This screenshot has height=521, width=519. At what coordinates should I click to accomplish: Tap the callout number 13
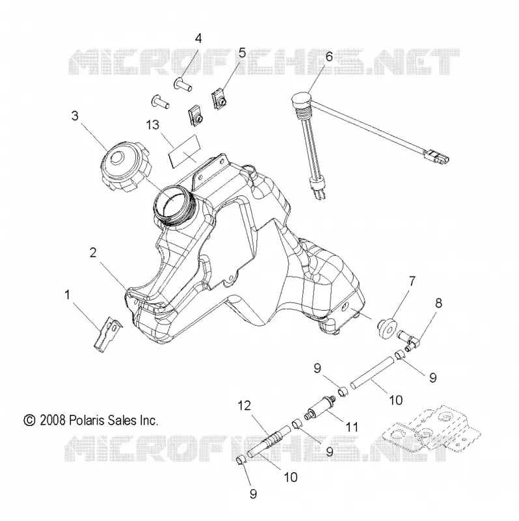pyautogui.click(x=152, y=125)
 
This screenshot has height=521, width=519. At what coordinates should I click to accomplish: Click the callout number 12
pyautogui.click(x=244, y=405)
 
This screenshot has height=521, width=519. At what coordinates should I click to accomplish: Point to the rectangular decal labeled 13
pyautogui.click(x=185, y=150)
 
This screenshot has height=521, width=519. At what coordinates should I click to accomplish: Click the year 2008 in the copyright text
pyautogui.click(x=52, y=420)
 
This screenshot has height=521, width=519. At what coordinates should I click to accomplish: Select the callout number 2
pyautogui.click(x=93, y=253)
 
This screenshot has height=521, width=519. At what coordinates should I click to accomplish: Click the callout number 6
pyautogui.click(x=329, y=57)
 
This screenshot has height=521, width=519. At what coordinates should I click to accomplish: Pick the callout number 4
pyautogui.click(x=198, y=39)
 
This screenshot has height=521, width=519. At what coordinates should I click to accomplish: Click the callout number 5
pyautogui.click(x=242, y=53)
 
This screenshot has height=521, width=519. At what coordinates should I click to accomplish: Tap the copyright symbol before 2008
pyautogui.click(x=29, y=421)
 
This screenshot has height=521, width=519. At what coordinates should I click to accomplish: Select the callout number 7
pyautogui.click(x=412, y=282)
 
